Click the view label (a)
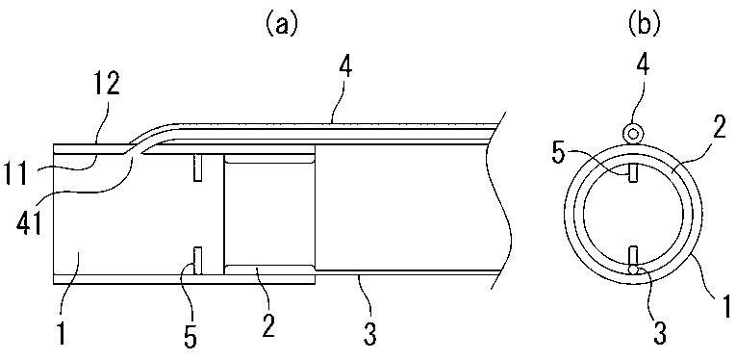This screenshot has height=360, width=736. (280, 25)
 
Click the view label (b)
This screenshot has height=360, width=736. (644, 25)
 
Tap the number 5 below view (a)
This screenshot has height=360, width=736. (190, 338)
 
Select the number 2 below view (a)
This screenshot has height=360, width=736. (267, 325)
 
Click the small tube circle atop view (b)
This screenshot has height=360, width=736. (633, 134)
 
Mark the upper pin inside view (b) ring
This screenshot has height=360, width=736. (633, 171)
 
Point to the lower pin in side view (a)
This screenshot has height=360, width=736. (197, 261)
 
